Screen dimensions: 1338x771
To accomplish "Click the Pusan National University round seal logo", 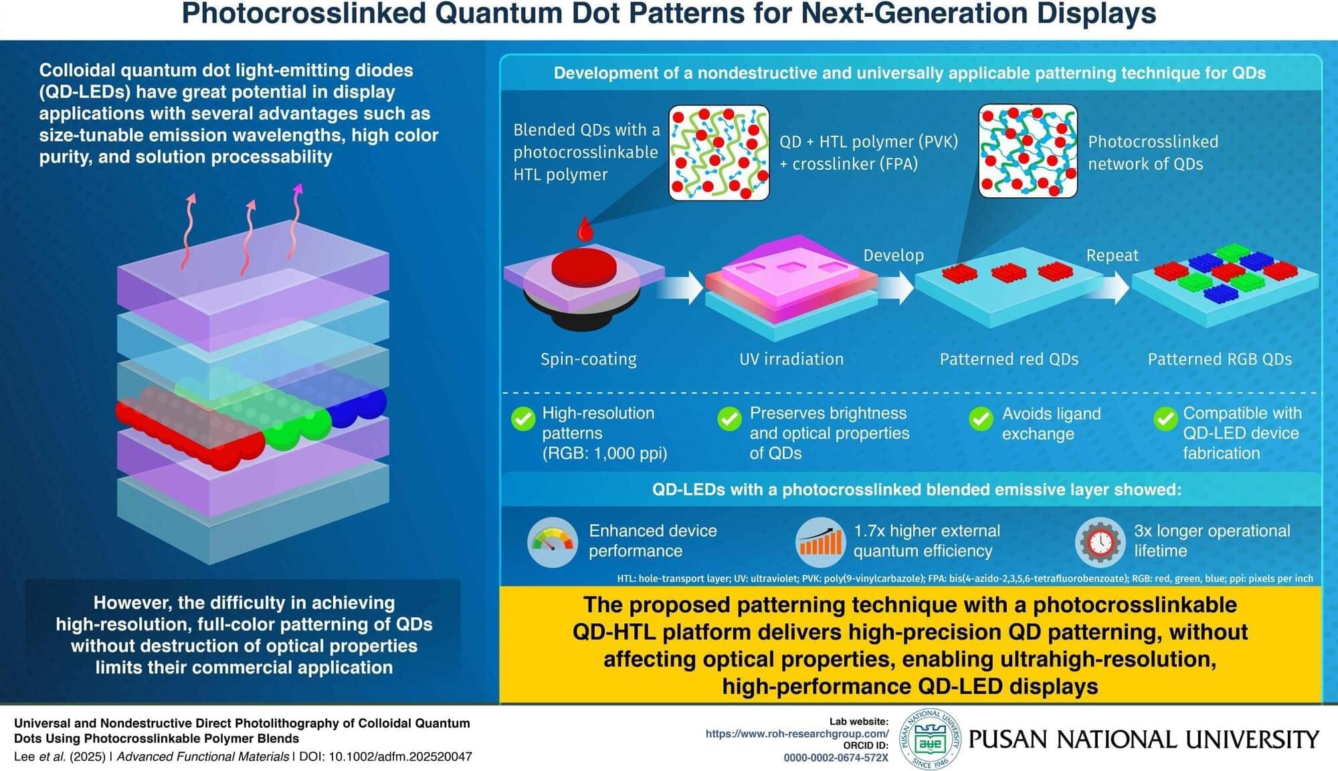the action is (x=930, y=739).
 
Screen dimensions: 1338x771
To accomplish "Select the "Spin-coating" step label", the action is (x=589, y=359).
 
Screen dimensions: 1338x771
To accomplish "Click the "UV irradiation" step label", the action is (x=791, y=359).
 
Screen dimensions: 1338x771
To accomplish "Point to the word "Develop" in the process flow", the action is (x=893, y=255).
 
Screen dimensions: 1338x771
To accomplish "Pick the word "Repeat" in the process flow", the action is (x=1112, y=255).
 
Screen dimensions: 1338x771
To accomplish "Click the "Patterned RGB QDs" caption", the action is (x=1220, y=359).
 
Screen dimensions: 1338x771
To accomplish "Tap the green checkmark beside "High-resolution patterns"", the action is (x=523, y=419).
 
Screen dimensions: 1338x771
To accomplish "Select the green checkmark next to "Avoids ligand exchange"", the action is (x=981, y=419).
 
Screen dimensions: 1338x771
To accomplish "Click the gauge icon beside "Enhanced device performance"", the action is (x=553, y=542).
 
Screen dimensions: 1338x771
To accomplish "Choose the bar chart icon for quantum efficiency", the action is (x=820, y=542).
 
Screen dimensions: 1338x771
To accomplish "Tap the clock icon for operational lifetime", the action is (x=1100, y=542).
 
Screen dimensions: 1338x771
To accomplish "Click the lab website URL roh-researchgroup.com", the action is (x=797, y=734).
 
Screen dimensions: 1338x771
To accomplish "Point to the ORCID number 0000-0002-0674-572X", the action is (x=836, y=758).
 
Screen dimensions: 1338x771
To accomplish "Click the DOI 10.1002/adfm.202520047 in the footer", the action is (x=400, y=757).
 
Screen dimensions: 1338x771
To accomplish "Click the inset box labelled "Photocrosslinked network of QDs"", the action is (x=1028, y=151).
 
